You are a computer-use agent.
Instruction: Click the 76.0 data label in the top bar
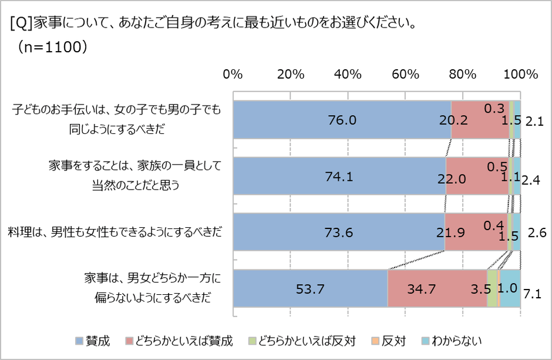tap(343, 120)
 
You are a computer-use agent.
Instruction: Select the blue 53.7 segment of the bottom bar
tap(310, 288)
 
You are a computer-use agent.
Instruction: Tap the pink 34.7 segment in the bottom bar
tap(437, 288)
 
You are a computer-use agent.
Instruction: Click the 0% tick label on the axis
tap(233, 75)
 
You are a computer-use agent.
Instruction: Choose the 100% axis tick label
tap(520, 75)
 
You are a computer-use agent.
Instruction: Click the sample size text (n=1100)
tap(53, 48)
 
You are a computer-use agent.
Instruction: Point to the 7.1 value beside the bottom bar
tap(532, 294)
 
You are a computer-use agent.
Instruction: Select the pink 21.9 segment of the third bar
tap(476, 232)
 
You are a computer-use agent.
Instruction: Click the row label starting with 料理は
tap(115, 232)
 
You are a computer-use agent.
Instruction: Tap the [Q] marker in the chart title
tap(21, 23)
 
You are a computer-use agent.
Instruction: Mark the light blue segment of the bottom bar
tap(510, 288)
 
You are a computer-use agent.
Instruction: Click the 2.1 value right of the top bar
tap(534, 122)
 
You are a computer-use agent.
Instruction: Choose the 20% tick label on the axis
tap(290, 75)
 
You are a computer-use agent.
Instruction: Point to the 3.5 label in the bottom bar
tap(482, 289)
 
